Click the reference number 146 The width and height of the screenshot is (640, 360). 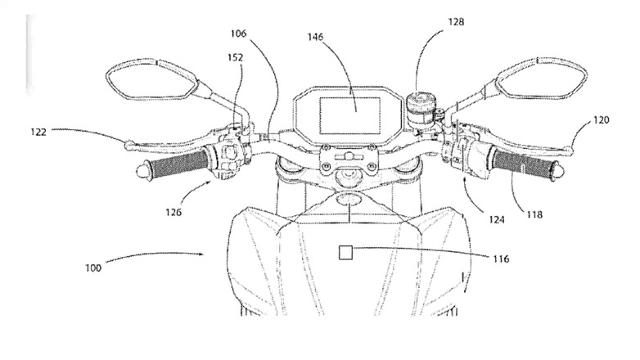click(315, 37)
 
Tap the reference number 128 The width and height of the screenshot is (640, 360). click(456, 21)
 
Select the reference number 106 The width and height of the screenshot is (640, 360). click(238, 34)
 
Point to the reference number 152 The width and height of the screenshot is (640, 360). click(235, 57)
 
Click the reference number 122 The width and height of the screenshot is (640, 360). click(38, 132)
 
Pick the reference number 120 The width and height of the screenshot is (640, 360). click(601, 120)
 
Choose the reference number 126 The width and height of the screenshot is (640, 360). click(174, 212)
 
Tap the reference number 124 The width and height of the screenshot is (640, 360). click(496, 219)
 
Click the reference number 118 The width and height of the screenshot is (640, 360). click(534, 214)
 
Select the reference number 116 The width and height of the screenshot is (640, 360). click(501, 259)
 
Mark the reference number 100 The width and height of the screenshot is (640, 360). click(93, 268)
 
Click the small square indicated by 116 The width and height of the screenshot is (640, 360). click(345, 253)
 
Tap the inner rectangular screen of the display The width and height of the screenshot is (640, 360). click(350, 116)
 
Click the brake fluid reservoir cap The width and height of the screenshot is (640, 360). click(417, 99)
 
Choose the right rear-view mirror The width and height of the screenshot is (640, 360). click(541, 79)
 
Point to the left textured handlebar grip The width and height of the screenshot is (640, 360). click(178, 163)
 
